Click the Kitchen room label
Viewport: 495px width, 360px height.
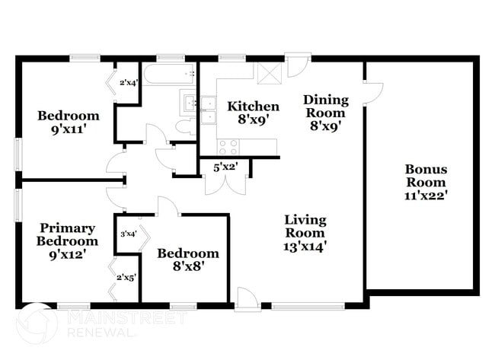(253, 107)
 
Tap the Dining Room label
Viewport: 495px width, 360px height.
(326, 107)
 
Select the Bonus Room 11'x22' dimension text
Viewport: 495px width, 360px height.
(426, 196)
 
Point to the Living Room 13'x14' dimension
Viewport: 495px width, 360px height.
(305, 247)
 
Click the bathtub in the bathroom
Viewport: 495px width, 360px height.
(168, 74)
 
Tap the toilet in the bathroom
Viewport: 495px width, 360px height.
(187, 127)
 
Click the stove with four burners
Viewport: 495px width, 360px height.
(228, 147)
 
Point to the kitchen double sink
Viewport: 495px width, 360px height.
(209, 110)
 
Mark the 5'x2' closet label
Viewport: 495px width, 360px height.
(225, 167)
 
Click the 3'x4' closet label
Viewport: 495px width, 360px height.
(128, 234)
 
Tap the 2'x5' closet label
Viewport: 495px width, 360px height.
(126, 278)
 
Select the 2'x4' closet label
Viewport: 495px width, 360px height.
(129, 83)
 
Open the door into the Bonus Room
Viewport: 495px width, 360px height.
(373, 93)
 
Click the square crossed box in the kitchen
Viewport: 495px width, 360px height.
(270, 74)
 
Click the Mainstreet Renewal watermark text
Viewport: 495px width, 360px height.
(126, 323)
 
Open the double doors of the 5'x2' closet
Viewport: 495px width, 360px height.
(225, 186)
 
